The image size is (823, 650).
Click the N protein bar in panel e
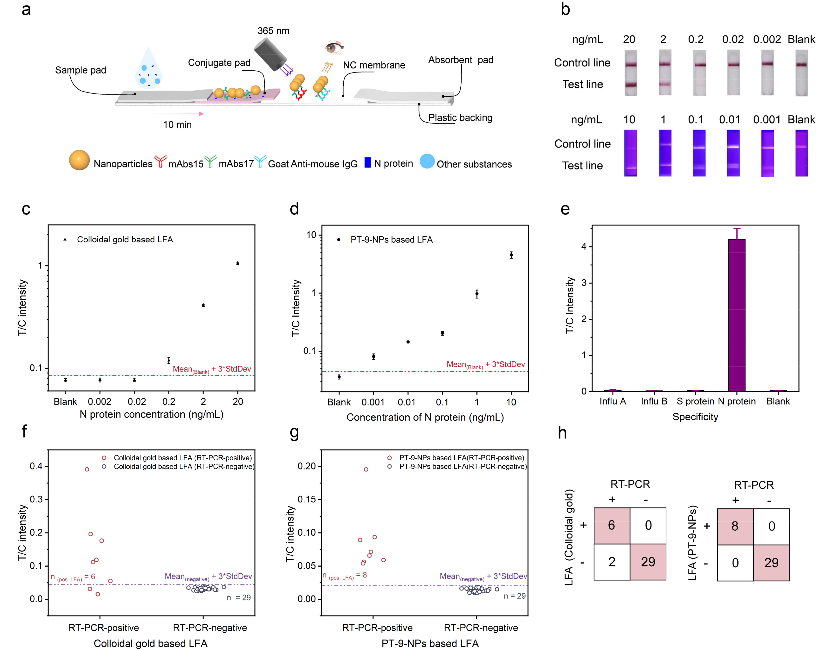click(736, 315)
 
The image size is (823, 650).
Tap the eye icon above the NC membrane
click(334, 47)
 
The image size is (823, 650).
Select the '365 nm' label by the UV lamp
click(273, 31)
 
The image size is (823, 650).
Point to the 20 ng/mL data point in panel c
click(238, 263)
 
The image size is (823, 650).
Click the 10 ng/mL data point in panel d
click(511, 255)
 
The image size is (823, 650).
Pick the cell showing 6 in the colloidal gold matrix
click(612, 525)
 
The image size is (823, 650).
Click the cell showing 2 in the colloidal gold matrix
click(612, 562)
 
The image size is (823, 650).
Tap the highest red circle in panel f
click(87, 469)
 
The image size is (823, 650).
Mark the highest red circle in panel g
click(366, 469)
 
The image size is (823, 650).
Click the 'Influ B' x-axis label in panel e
click(654, 401)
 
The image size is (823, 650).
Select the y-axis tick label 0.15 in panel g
click(307, 499)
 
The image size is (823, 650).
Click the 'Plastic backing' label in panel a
click(460, 118)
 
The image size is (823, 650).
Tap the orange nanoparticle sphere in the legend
click(79, 160)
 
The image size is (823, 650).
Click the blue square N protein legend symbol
click(367, 162)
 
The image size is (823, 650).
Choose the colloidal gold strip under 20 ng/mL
click(631, 73)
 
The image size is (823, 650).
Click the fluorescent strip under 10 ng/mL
click(630, 153)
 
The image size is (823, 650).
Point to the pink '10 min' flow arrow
click(178, 113)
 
